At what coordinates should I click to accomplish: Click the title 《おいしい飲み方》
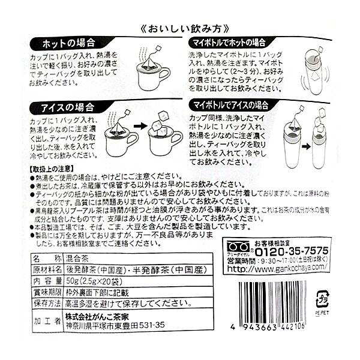click(x=180, y=28)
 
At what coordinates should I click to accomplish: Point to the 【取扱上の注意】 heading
click(x=55, y=170)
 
